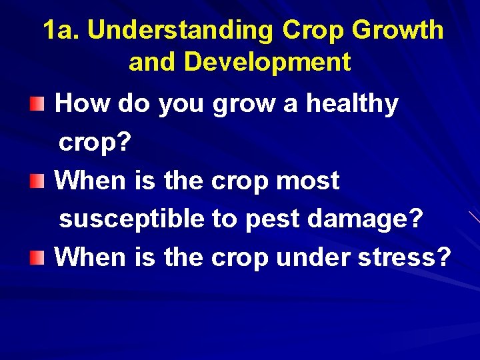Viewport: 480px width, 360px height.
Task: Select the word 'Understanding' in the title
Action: tap(180, 30)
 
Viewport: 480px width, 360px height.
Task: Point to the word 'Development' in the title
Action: tap(267, 62)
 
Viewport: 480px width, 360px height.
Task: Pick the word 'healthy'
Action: tap(352, 104)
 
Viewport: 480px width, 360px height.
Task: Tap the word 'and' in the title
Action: tap(153, 62)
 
